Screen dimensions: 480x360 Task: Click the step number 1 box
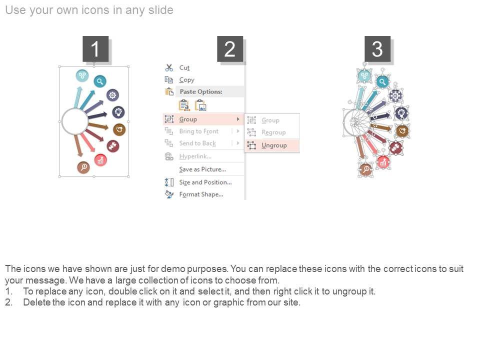pos(95,49)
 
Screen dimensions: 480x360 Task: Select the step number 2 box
pos(230,49)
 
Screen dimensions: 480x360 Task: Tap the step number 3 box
pos(377,49)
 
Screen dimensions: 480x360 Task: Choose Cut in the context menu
pos(184,67)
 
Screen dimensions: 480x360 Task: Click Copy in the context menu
pos(186,80)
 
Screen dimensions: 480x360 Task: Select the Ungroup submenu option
pos(274,145)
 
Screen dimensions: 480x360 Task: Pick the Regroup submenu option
pos(273,132)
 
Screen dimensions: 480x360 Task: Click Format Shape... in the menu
pos(201,194)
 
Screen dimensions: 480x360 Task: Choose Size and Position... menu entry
pos(205,182)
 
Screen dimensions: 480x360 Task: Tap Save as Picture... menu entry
pos(202,169)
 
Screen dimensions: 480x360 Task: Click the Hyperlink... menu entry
pos(195,156)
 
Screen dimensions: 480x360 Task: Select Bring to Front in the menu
pos(198,131)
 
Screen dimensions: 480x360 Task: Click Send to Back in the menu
pos(197,143)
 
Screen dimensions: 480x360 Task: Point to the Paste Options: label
pos(201,91)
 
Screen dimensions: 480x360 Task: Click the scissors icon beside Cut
pos(169,67)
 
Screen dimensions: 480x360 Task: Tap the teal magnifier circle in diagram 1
pos(100,81)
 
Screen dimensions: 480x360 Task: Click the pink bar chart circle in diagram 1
pos(100,160)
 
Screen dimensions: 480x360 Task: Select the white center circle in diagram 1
pos(75,121)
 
